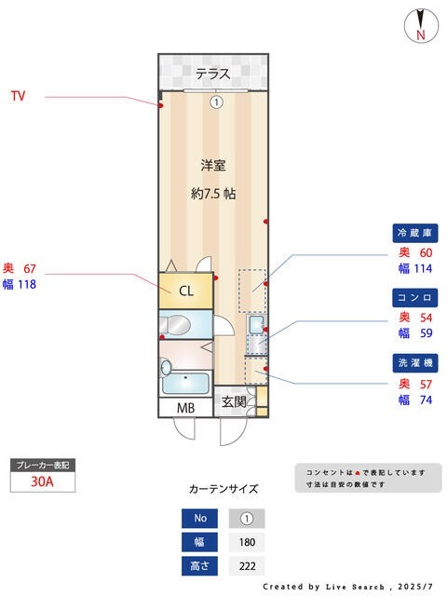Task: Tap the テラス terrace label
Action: pos(213,74)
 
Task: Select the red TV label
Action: pos(18,96)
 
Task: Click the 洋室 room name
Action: pos(213,166)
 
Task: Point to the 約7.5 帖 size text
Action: pos(213,195)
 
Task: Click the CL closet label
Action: pos(186,291)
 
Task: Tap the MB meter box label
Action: pos(186,408)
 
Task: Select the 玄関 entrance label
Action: pos(233,402)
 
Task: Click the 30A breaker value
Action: pos(42,481)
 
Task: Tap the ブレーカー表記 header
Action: pos(42,464)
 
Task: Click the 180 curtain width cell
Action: pos(247,542)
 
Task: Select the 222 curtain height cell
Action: pos(247,566)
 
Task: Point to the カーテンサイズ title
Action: pos(223,488)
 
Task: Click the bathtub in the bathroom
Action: pos(184,384)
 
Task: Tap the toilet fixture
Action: pos(178,326)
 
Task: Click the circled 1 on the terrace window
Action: pos(216,102)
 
